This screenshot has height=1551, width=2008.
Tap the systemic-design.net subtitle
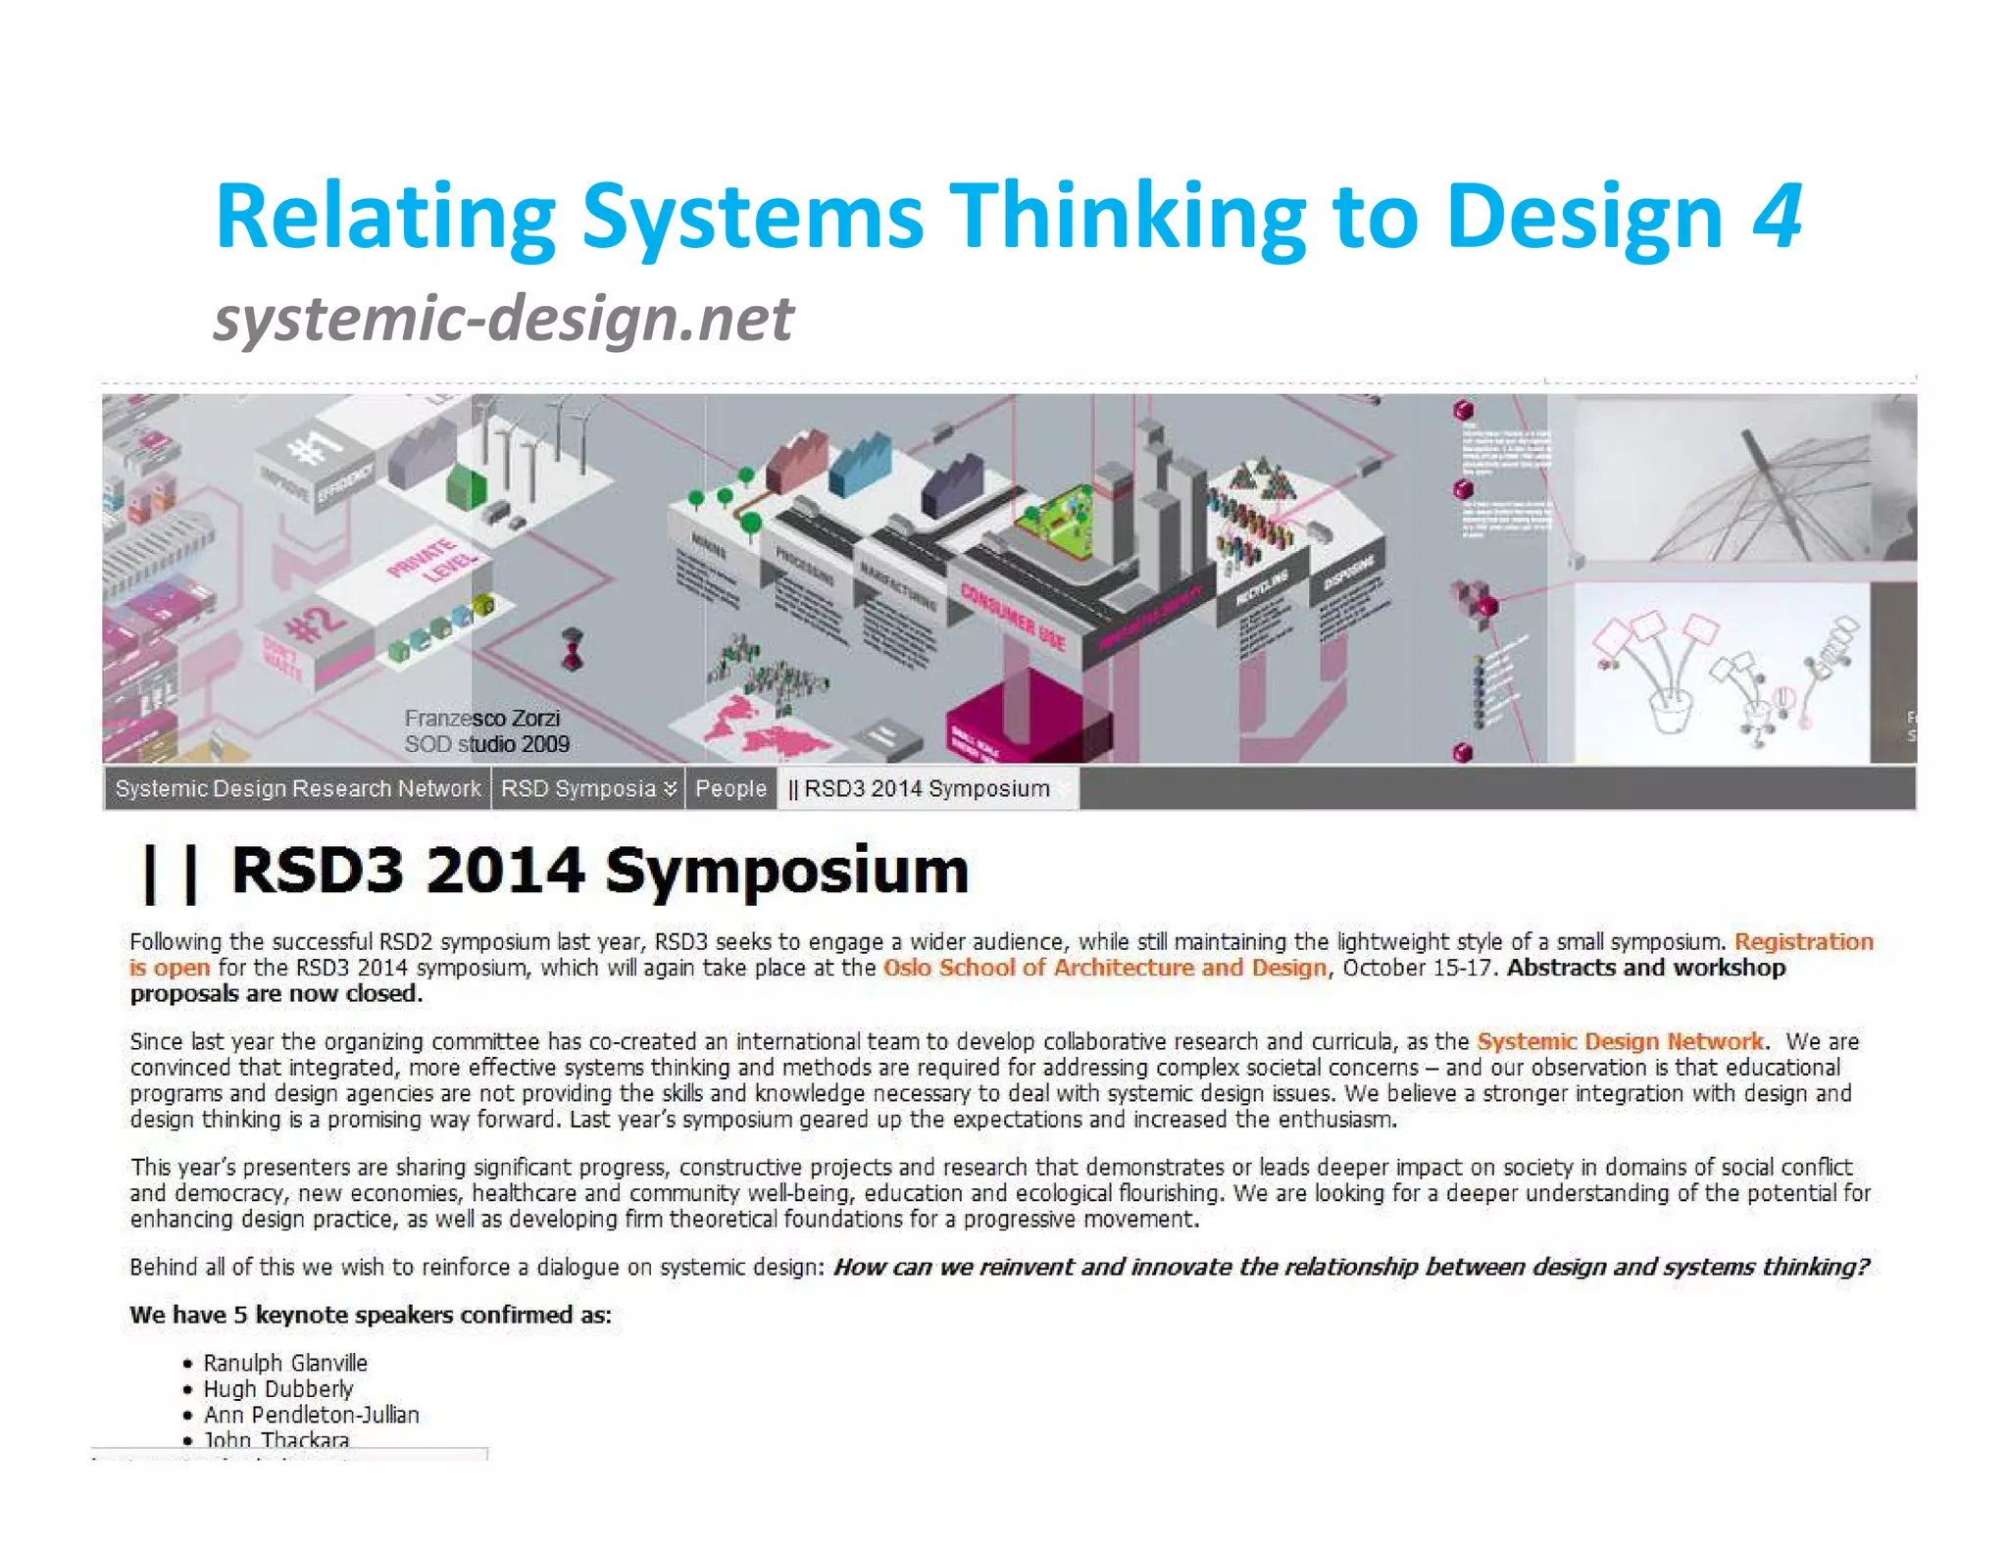pyautogui.click(x=503, y=319)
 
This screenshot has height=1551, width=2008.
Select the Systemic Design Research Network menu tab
pyautogui.click(x=298, y=788)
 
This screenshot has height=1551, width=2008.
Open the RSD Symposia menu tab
pyautogui.click(x=587, y=788)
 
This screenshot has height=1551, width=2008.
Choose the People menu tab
pyautogui.click(x=730, y=788)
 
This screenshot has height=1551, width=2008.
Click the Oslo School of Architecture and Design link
pyautogui.click(x=1104, y=968)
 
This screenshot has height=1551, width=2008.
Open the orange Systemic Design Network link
pyautogui.click(x=1620, y=1041)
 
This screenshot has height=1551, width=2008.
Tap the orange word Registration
pyautogui.click(x=1803, y=941)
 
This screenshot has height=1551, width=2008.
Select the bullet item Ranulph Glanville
pyautogui.click(x=285, y=1363)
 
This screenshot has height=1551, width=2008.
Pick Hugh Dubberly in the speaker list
pyautogui.click(x=278, y=1389)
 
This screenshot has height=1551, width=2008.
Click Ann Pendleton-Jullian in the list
pyautogui.click(x=311, y=1415)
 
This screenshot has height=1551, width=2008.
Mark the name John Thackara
pyautogui.click(x=276, y=1439)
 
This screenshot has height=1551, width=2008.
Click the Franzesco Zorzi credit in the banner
pyautogui.click(x=482, y=719)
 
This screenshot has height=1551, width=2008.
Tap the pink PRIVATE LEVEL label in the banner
pyautogui.click(x=432, y=561)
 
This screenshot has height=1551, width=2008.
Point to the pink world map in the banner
pyautogui.click(x=765, y=724)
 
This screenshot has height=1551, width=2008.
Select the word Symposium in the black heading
pyautogui.click(x=786, y=871)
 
